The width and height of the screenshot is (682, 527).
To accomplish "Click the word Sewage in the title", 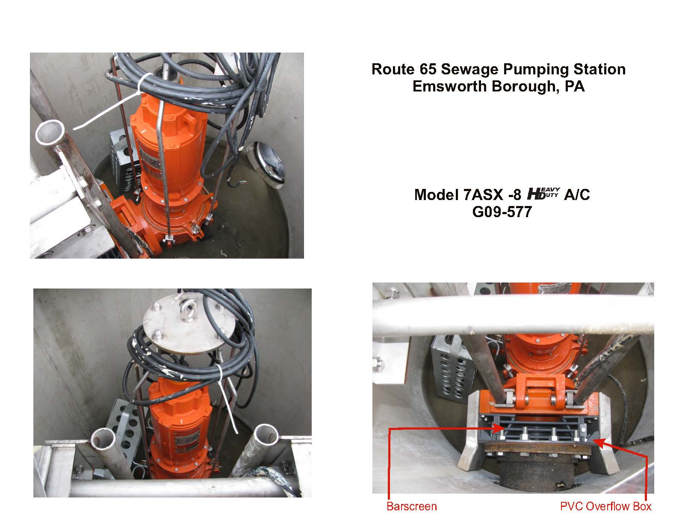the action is pos(469,70).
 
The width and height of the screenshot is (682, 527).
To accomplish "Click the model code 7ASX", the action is pos(483,195).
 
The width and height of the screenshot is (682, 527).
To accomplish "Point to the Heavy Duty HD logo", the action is pos(543,194).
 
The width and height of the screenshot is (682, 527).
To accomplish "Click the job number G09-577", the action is pos(502,212).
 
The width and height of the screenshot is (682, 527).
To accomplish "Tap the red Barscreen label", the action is pos(411,506).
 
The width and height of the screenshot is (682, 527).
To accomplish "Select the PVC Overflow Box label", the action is pos(606,506).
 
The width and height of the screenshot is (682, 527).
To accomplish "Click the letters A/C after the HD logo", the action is pos(577,195).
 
